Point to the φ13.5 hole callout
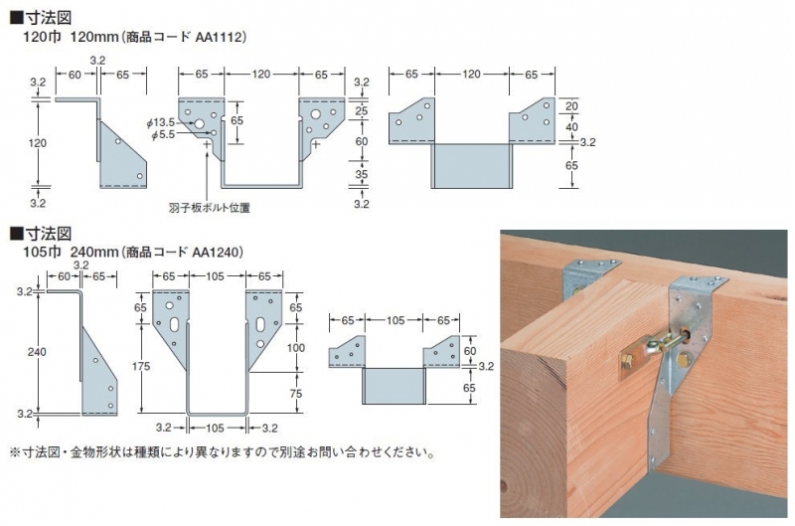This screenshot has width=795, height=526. (x=161, y=122)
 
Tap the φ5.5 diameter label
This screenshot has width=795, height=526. (x=163, y=134)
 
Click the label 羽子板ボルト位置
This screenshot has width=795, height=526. (x=210, y=207)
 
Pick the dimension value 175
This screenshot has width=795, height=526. (x=141, y=365)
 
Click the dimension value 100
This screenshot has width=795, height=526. (x=295, y=348)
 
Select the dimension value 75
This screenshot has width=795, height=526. (x=295, y=393)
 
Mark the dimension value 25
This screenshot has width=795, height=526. (x=362, y=110)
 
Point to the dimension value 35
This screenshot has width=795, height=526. (x=362, y=174)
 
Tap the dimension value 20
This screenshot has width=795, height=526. (x=571, y=106)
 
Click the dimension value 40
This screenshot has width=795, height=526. (x=571, y=126)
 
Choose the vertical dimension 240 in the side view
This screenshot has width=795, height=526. (x=37, y=352)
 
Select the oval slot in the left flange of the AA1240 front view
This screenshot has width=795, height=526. (x=174, y=324)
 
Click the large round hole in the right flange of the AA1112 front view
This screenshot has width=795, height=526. (x=316, y=114)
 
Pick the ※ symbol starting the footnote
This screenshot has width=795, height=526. (x=14, y=452)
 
